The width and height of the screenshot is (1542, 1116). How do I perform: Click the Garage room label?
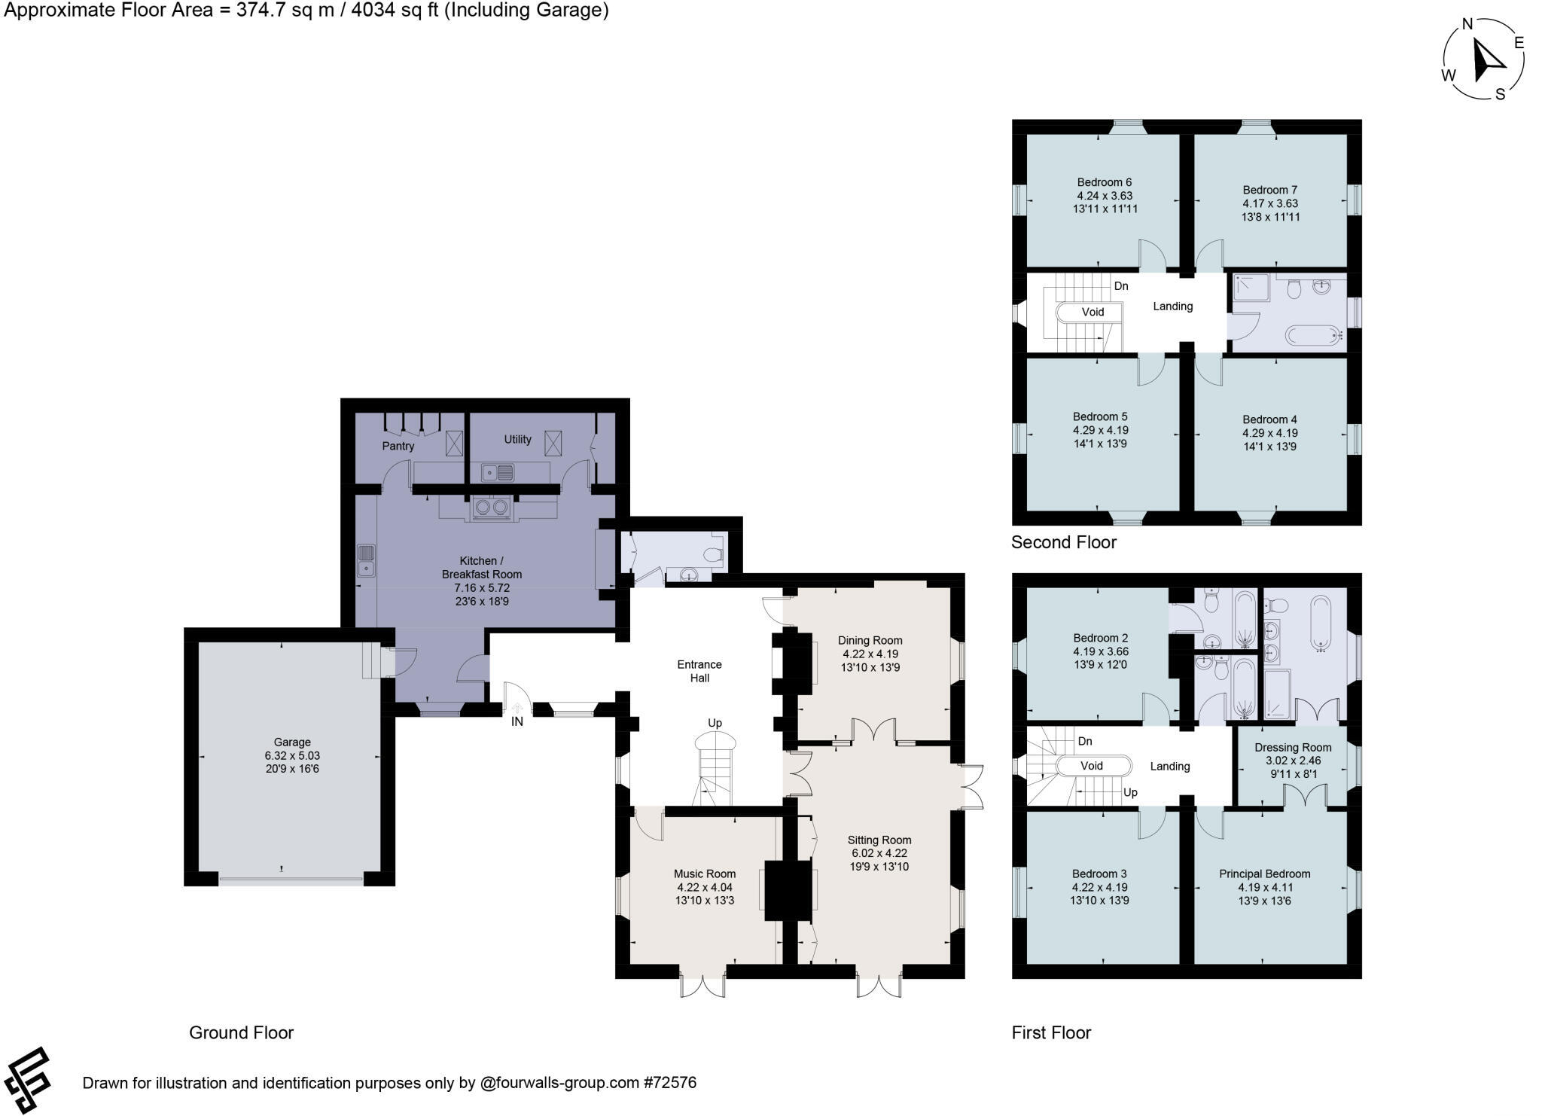pyautogui.click(x=292, y=742)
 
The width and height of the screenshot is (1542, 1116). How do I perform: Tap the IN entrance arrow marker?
pyautogui.click(x=517, y=709)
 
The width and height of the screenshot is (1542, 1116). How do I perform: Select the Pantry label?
pyautogui.click(x=398, y=446)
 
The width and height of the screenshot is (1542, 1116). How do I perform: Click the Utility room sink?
pyautogui.click(x=498, y=473)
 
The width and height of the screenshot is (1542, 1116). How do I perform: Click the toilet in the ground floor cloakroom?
pyautogui.click(x=711, y=556)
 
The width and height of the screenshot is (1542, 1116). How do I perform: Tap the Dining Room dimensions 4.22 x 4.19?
pyautogui.click(x=870, y=654)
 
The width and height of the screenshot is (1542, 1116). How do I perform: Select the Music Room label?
pyautogui.click(x=705, y=874)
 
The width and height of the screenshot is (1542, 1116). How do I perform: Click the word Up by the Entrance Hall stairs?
pyautogui.click(x=715, y=723)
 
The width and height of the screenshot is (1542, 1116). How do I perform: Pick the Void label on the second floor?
pyautogui.click(x=1093, y=312)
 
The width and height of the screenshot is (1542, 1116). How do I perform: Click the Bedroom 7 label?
pyautogui.click(x=1269, y=190)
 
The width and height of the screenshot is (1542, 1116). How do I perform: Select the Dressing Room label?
pyautogui.click(x=1293, y=747)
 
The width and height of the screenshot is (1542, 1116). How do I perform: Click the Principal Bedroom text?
pyautogui.click(x=1264, y=874)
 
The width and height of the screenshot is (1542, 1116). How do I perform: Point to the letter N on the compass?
pyautogui.click(x=1467, y=24)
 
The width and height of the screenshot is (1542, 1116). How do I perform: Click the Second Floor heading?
pyautogui.click(x=1063, y=542)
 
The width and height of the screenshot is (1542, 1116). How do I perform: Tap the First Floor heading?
pyautogui.click(x=1051, y=1032)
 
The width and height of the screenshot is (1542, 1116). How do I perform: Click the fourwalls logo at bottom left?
pyautogui.click(x=27, y=1080)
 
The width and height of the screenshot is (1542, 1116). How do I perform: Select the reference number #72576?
pyautogui.click(x=669, y=1083)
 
